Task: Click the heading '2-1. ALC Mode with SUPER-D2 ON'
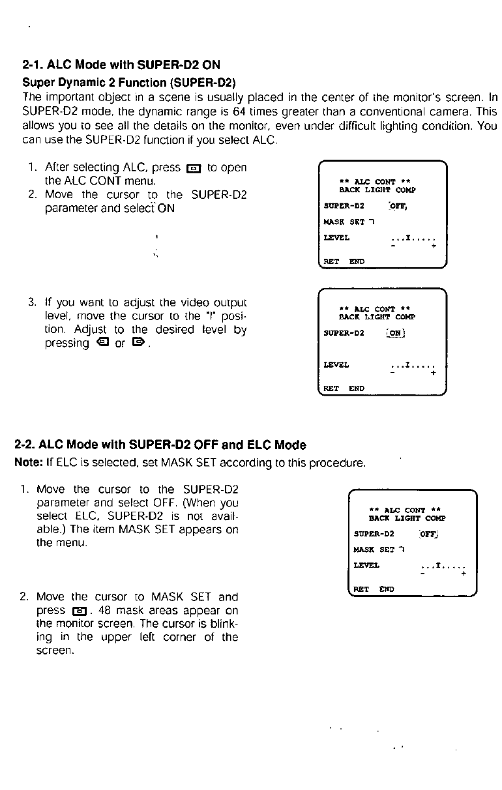tap(121, 66)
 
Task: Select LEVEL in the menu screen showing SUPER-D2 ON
tap(336, 364)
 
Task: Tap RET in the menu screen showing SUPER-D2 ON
tap(331, 388)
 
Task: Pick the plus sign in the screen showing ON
tap(434, 373)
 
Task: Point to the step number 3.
tap(31, 302)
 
